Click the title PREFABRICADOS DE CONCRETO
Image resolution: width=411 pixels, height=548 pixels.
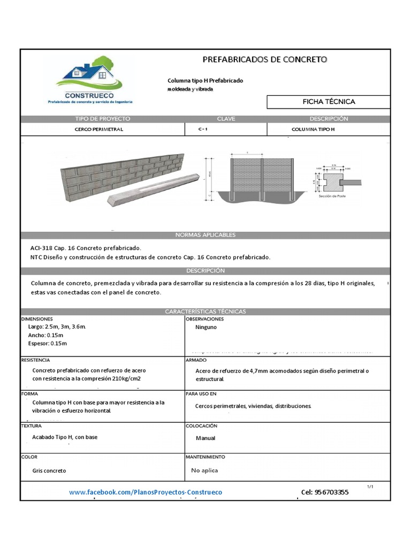[x=265, y=59]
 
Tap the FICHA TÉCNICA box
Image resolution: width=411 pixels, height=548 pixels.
[x=329, y=102]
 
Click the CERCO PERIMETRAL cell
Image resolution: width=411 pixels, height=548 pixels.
[x=99, y=130]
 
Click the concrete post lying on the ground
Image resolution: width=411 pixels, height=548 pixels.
[x=150, y=191]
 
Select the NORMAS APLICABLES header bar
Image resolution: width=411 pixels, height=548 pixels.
[x=205, y=235]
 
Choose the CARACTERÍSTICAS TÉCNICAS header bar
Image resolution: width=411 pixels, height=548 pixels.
[x=205, y=311]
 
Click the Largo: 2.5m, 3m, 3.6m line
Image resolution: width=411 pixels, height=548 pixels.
[x=56, y=326]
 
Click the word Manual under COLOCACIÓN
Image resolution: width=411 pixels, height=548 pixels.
[x=205, y=438]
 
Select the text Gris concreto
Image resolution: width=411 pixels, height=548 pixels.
[x=49, y=470]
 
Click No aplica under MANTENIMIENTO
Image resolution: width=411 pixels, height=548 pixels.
[x=204, y=470]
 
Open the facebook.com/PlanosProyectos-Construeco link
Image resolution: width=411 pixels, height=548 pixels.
[x=146, y=492]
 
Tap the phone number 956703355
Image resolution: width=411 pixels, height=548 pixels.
[x=324, y=492]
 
